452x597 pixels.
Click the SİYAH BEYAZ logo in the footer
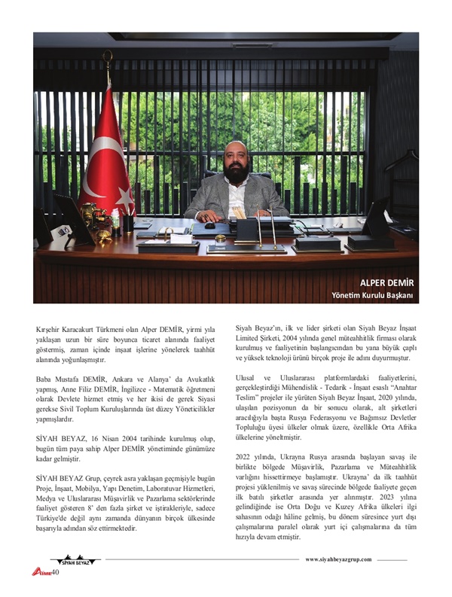(75, 562)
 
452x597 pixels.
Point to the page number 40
(55, 572)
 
